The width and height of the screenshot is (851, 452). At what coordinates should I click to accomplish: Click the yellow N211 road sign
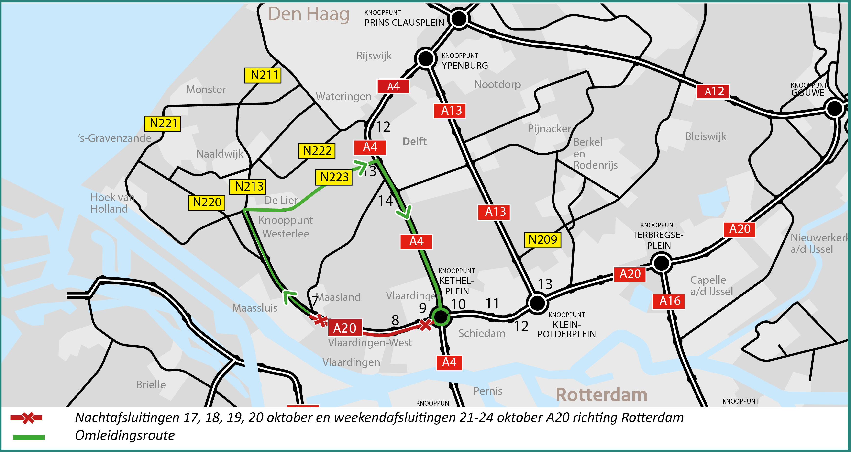(263, 75)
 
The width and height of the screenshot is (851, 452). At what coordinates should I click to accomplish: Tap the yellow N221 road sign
(163, 124)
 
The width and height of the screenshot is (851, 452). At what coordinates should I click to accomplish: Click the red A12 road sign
(713, 91)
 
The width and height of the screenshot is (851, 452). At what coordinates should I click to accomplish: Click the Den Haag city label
(308, 14)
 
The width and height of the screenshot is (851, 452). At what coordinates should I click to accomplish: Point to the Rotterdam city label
(601, 395)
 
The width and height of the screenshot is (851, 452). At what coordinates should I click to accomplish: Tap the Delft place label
(415, 141)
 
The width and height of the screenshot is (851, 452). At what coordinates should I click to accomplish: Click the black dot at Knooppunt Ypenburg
(425, 58)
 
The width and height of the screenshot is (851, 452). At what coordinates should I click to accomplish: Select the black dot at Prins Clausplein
(459, 19)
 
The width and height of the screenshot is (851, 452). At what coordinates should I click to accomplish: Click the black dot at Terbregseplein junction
(661, 263)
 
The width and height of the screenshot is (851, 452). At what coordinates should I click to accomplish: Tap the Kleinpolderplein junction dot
(537, 303)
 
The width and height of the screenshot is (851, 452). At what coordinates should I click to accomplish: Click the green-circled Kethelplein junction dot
(441, 316)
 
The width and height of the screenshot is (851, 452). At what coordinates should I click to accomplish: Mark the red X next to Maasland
(320, 320)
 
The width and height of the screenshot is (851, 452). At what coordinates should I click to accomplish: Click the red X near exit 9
(425, 325)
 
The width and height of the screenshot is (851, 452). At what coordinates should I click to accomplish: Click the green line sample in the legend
(29, 437)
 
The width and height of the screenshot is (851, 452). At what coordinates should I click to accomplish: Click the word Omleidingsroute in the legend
(125, 435)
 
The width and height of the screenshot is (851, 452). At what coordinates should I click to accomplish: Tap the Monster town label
(206, 90)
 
